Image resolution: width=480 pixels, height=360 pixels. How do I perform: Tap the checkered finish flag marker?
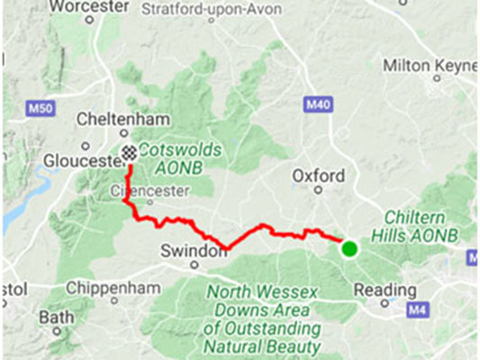131,152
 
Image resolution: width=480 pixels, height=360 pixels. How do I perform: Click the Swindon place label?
193,251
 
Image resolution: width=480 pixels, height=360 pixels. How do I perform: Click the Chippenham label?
114,289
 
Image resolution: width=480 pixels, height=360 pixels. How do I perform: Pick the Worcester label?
86,7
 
